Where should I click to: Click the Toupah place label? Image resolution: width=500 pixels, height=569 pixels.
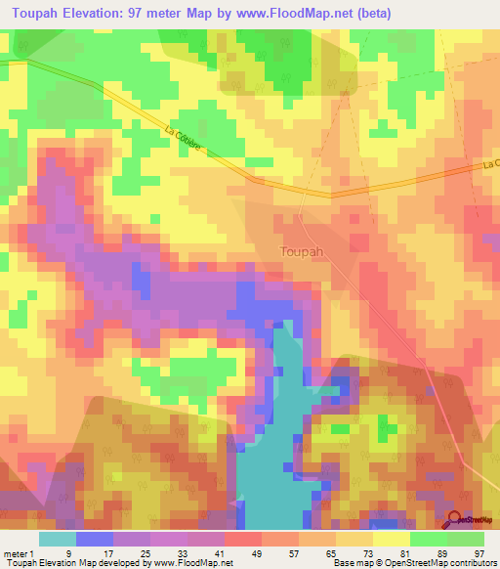point(295,250)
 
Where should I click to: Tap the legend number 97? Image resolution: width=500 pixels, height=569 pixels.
point(479,552)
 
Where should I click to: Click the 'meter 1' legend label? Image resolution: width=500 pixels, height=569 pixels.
point(21,552)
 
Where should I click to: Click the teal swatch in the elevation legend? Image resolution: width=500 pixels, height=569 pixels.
point(57,539)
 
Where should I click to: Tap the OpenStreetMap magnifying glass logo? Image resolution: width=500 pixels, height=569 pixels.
point(454,520)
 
